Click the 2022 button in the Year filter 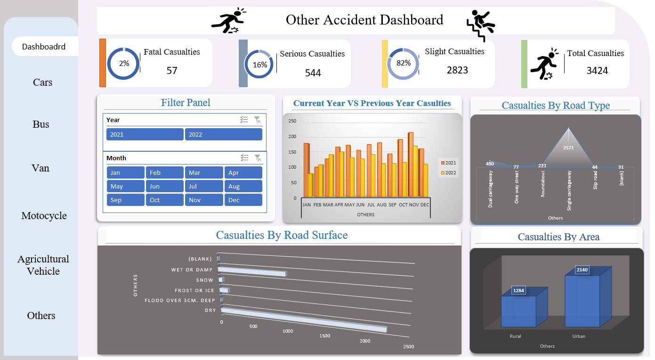(x=223, y=134)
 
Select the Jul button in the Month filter (x=203, y=186)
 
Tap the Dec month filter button (x=243, y=200)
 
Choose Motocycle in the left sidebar (x=44, y=216)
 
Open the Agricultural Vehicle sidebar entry (x=43, y=265)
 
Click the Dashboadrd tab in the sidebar (x=44, y=47)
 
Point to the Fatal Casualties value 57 (x=172, y=71)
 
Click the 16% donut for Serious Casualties (x=260, y=65)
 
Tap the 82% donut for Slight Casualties (x=403, y=63)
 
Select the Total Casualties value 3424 (x=597, y=71)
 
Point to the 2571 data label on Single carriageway (x=569, y=147)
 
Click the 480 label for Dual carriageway (x=490, y=164)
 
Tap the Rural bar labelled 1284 (x=518, y=311)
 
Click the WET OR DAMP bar (x=252, y=272)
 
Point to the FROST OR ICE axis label (x=194, y=291)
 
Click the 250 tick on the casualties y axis (x=292, y=121)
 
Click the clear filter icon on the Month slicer (x=258, y=158)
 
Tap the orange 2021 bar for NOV (x=410, y=165)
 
